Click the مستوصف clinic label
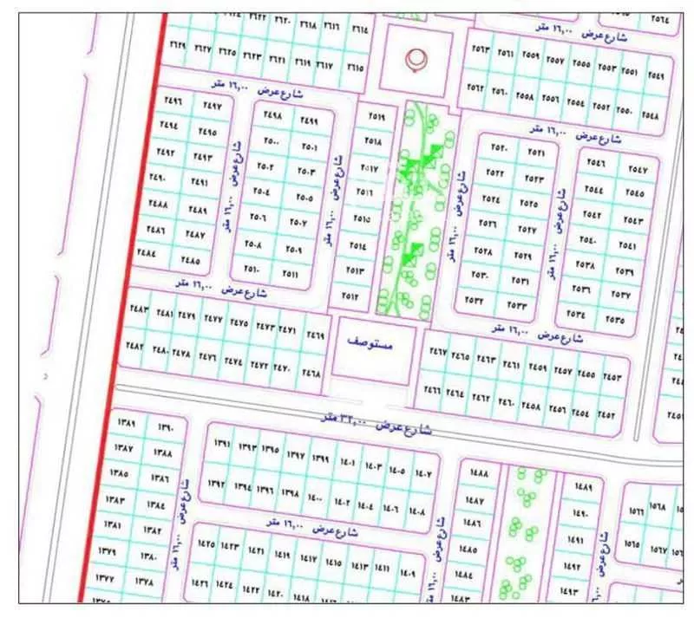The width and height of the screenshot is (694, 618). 376,343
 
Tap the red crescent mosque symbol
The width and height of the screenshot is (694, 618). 417,59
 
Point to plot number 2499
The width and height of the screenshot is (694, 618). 308,120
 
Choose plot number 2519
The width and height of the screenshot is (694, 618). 375,114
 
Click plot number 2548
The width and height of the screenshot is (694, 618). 651,114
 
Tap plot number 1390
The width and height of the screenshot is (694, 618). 166,426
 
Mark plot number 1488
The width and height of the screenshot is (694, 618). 476,473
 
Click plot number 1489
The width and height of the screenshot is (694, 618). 583,487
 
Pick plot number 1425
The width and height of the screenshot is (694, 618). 206,544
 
